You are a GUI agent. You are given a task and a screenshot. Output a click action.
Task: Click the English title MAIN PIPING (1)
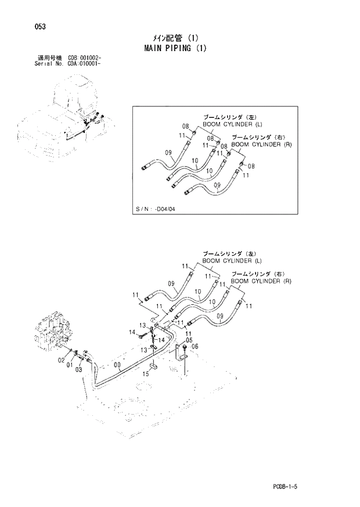[175, 48]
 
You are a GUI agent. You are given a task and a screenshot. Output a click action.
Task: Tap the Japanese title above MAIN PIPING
[175, 38]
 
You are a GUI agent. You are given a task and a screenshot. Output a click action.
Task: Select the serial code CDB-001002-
[85, 59]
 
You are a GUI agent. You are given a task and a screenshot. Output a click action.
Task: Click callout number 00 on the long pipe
[118, 366]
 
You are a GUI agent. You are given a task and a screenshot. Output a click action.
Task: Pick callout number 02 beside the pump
[60, 361]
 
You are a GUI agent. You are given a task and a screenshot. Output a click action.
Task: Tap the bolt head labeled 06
[184, 348]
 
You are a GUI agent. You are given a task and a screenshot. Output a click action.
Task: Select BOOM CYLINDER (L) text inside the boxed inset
[232, 124]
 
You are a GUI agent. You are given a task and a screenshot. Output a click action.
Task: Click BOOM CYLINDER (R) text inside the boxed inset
[261, 145]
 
